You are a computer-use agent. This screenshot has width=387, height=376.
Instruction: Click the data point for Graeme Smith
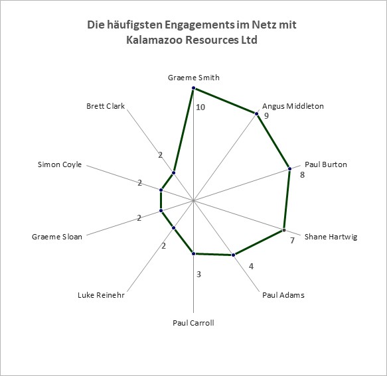pyautogui.click(x=194, y=88)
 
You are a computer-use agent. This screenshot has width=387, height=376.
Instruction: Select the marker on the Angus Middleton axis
pyautogui.click(x=256, y=113)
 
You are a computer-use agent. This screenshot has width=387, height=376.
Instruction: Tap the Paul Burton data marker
pyautogui.click(x=290, y=168)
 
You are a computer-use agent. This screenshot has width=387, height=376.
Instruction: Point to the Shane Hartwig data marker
pyautogui.click(x=284, y=230)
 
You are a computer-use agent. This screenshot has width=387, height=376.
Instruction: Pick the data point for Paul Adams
pyautogui.click(x=234, y=255)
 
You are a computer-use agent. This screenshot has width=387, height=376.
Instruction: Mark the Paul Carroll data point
pyautogui.click(x=194, y=253)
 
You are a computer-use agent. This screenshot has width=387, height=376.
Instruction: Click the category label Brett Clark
pyautogui.click(x=106, y=106)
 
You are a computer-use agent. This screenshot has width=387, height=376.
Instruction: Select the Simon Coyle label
pyautogui.click(x=60, y=164)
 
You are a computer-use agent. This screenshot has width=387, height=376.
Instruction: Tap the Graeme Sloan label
pyautogui.click(x=57, y=237)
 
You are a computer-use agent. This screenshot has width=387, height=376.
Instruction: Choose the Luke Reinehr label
pyautogui.click(x=101, y=295)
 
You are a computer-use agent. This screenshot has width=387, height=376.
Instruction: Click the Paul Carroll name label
pyautogui.click(x=193, y=323)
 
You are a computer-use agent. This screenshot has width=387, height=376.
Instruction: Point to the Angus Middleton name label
pyautogui.click(x=293, y=106)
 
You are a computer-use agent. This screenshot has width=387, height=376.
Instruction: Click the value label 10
pyautogui.click(x=200, y=107)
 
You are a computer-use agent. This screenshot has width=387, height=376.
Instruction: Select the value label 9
pyautogui.click(x=266, y=115)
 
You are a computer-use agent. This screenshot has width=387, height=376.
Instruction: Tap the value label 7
pyautogui.click(x=293, y=241)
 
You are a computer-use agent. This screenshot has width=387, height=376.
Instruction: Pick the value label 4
pyautogui.click(x=252, y=267)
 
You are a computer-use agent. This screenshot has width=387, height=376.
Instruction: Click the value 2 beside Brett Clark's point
pyautogui.click(x=161, y=155)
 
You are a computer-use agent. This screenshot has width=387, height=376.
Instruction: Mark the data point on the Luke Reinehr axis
pyautogui.click(x=173, y=228)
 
